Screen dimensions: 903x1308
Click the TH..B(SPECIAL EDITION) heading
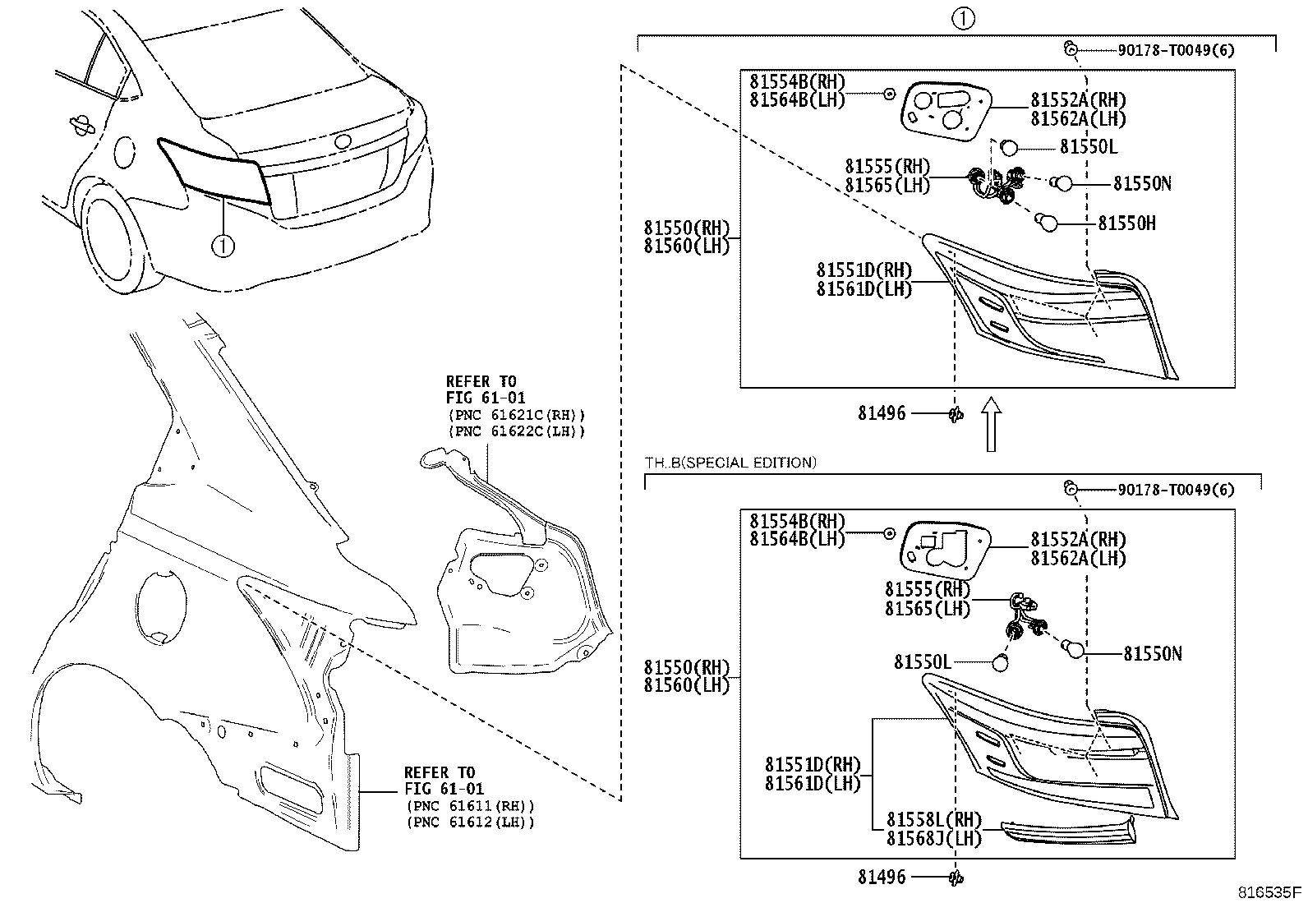(730, 463)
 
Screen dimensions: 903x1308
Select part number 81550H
(1126, 223)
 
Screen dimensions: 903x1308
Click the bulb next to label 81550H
(1048, 222)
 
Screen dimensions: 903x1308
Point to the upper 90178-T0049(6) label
(1176, 50)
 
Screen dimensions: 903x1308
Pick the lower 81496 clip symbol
(956, 878)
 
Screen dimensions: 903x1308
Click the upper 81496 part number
(882, 413)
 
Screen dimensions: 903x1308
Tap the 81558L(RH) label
(934, 820)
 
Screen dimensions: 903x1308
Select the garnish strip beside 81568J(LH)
(1068, 832)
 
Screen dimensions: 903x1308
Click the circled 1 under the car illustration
(223, 244)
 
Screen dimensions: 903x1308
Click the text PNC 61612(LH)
(470, 822)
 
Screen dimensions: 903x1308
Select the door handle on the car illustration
(81, 124)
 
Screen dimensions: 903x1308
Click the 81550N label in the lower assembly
(1153, 653)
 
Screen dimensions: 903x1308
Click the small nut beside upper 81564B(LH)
(889, 94)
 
